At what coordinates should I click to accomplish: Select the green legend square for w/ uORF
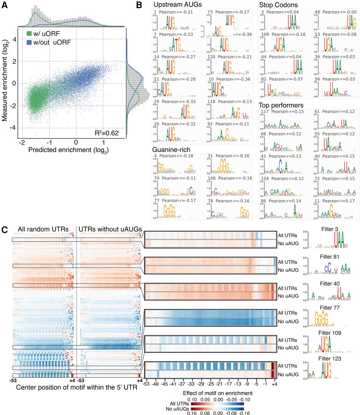coord(29,34)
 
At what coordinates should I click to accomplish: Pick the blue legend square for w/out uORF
coord(29,42)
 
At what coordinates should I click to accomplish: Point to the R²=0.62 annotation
coord(106,133)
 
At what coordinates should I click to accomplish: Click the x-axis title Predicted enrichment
coord(68,150)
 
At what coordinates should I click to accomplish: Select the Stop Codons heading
coord(278,5)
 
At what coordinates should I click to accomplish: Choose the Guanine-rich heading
coord(171,149)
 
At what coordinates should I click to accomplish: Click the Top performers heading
coord(281,105)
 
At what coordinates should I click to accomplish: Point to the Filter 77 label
coord(330,308)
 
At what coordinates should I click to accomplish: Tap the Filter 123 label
coord(330,359)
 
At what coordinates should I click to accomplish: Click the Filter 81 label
coord(330,257)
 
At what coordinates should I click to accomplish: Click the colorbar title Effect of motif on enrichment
coord(218,393)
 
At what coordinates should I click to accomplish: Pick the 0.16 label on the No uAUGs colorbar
coord(193,413)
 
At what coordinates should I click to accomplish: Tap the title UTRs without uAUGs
coord(110,229)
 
